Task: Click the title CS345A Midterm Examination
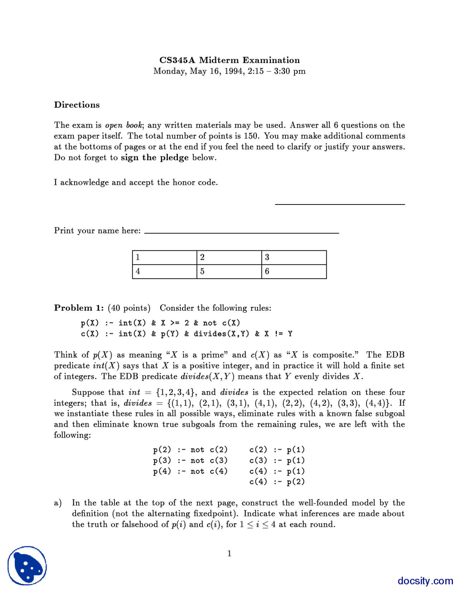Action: [x=229, y=60]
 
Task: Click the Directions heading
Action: [x=77, y=105]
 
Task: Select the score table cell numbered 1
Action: [x=165, y=257]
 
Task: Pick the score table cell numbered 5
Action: [x=229, y=272]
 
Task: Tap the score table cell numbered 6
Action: [x=294, y=272]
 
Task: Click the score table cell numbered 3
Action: [x=294, y=257]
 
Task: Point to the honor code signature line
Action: [x=340, y=204]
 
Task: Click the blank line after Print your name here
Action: [x=241, y=232]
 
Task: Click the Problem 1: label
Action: [x=79, y=308]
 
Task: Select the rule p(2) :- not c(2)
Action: [x=190, y=449]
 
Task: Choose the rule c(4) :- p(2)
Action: [x=277, y=482]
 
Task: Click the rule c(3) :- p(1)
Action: [x=277, y=460]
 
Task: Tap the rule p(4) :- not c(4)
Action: [x=190, y=471]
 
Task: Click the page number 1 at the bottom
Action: [x=229, y=553]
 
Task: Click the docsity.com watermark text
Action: [x=425, y=581]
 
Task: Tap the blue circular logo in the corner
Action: [x=27, y=566]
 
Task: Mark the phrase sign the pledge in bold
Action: [x=155, y=157]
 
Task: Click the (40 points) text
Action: [x=129, y=308]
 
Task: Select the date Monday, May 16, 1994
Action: [x=199, y=71]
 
